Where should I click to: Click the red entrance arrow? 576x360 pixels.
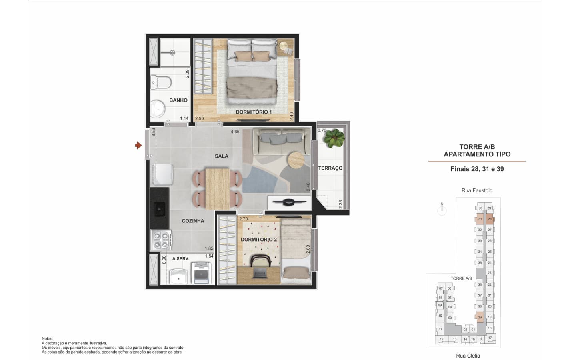[138, 145]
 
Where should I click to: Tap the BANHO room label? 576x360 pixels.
[178, 100]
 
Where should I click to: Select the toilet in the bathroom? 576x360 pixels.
[161, 82]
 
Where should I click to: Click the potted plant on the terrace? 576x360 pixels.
[334, 138]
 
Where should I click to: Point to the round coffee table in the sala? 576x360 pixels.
[296, 160]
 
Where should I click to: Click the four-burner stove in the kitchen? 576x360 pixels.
[161, 240]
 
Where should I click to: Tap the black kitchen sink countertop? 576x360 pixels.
[160, 208]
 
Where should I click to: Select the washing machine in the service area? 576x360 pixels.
[202, 273]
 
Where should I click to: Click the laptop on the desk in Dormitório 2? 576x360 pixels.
[260, 273]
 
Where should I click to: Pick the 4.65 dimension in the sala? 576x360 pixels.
[235, 132]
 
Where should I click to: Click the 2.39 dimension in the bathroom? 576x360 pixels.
[187, 74]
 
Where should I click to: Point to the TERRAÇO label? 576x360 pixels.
[330, 168]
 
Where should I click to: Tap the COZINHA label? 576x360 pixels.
[193, 221]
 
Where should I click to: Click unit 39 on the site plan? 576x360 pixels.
[480, 317]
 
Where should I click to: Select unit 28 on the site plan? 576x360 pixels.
[490, 219]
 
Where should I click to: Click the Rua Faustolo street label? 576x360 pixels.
[477, 190]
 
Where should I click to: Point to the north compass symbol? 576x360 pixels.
[442, 209]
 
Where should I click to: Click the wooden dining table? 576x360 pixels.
[217, 188]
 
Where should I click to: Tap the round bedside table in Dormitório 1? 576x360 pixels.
[284, 46]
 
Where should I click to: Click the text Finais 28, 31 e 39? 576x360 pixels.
[477, 169]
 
